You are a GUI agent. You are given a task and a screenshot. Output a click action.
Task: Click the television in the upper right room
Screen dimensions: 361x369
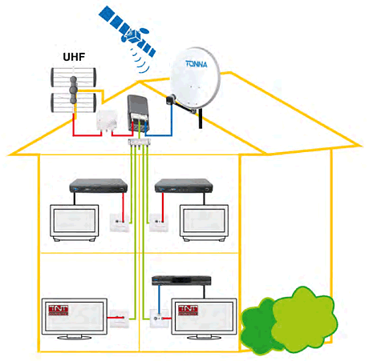pos(205,224)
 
